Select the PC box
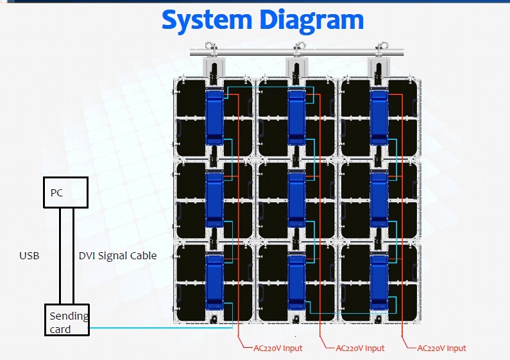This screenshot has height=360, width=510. (x=65, y=193)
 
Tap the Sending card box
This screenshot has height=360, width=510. (x=67, y=321)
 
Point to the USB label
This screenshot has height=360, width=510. (x=30, y=255)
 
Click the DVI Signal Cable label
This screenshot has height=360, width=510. (x=117, y=255)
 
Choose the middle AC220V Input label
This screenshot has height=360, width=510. (x=359, y=348)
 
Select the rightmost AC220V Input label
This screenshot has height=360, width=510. (x=441, y=348)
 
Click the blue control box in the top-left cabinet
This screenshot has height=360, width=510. (x=214, y=117)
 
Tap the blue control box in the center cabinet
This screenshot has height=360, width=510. (x=297, y=200)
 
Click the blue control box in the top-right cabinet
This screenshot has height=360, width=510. (x=379, y=117)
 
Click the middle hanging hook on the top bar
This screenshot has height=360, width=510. (x=298, y=47)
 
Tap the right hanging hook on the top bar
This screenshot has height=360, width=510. (x=382, y=47)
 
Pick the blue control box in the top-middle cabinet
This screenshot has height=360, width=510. (x=297, y=117)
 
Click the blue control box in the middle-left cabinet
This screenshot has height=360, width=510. (x=214, y=200)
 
